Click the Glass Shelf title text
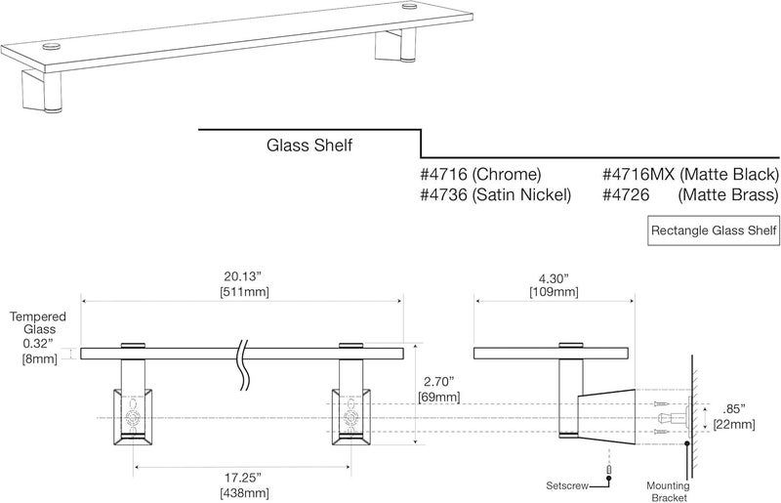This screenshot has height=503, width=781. click(309, 146)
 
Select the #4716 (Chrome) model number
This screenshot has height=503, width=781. click(480, 175)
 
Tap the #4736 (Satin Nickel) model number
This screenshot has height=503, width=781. click(495, 195)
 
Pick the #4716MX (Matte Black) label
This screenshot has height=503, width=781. click(689, 175)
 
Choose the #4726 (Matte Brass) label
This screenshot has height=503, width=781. click(689, 195)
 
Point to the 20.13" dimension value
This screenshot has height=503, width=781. click(244, 275)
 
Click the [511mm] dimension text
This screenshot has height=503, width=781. click(244, 292)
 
